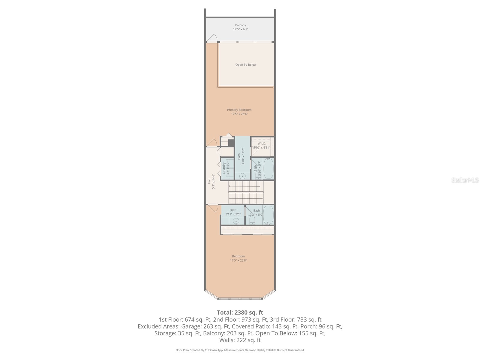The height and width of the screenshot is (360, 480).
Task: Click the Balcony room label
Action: pyautogui.click(x=240, y=25)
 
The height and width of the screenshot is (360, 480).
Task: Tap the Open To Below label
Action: pyautogui.click(x=246, y=65)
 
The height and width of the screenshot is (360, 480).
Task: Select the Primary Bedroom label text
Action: pyautogui.click(x=239, y=110)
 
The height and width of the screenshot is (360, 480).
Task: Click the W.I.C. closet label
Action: pyautogui.click(x=262, y=143)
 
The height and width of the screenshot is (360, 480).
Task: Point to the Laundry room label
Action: pyautogui.click(x=224, y=168)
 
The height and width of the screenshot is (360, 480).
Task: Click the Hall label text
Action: pyautogui.click(x=209, y=181)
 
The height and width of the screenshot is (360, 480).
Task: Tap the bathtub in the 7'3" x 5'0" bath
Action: pyautogui.click(x=268, y=215)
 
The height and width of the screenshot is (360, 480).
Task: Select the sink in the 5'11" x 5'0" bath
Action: pyautogui.click(x=236, y=221)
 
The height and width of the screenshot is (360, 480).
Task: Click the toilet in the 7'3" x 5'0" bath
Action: pyautogui.click(x=252, y=220)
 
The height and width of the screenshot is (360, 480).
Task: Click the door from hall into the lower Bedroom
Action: pyautogui.click(x=214, y=208)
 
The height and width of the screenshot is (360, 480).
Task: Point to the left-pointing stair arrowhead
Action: pyautogui.click(x=229, y=186)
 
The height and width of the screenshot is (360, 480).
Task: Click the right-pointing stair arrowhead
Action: pyautogui.click(x=262, y=198)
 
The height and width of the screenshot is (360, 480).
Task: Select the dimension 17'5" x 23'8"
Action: pyautogui.click(x=238, y=260)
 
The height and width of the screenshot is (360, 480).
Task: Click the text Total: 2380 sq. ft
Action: pyautogui.click(x=240, y=313)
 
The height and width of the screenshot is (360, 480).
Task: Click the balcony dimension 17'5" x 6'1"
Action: pyautogui.click(x=240, y=29)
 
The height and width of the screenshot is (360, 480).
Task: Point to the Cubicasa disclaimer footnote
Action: pyautogui.click(x=240, y=350)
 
